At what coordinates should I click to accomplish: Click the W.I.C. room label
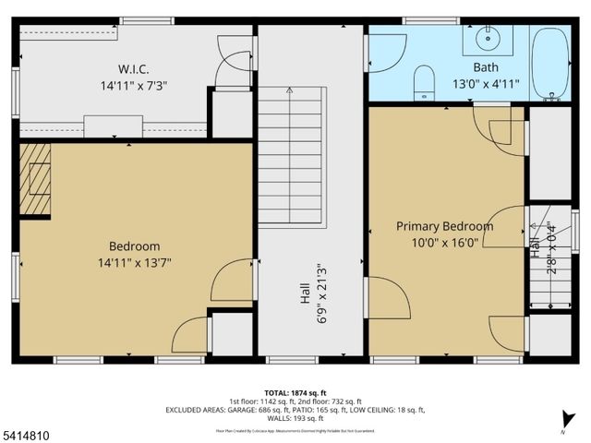coord(134,69)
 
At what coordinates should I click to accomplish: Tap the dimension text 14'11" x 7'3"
coord(134,85)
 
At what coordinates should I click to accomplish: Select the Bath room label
coord(487,67)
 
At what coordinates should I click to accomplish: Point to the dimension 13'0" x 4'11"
coord(487,83)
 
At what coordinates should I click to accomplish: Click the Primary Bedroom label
coord(444,226)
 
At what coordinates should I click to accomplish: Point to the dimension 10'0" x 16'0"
coord(444,243)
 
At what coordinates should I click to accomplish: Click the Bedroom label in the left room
coord(134,246)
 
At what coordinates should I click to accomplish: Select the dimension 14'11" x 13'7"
coord(134,262)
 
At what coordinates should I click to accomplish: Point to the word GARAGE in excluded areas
coord(258,409)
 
